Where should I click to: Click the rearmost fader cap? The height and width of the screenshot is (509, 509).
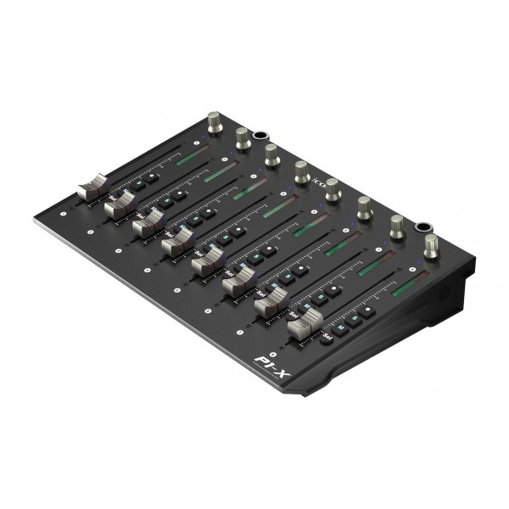coord(92,187)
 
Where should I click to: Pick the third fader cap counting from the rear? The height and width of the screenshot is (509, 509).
coord(147,221)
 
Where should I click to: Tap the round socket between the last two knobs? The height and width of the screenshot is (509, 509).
coord(420,227)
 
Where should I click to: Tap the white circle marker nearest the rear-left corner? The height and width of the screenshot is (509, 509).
coord(64,204)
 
